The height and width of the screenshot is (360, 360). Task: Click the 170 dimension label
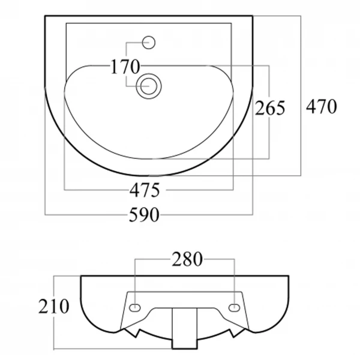[125, 67]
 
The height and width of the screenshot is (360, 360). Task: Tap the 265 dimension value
[270, 108]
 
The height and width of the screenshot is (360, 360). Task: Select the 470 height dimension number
[322, 107]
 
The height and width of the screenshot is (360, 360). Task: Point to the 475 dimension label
[145, 190]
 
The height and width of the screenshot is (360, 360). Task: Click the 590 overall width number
[144, 215]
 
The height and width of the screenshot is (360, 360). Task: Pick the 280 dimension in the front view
[187, 259]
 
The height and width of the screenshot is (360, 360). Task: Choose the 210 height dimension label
[53, 306]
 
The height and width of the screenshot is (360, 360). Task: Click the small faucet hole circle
[149, 43]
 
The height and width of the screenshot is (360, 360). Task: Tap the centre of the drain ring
[149, 86]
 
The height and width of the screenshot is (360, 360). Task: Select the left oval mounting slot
[135, 308]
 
